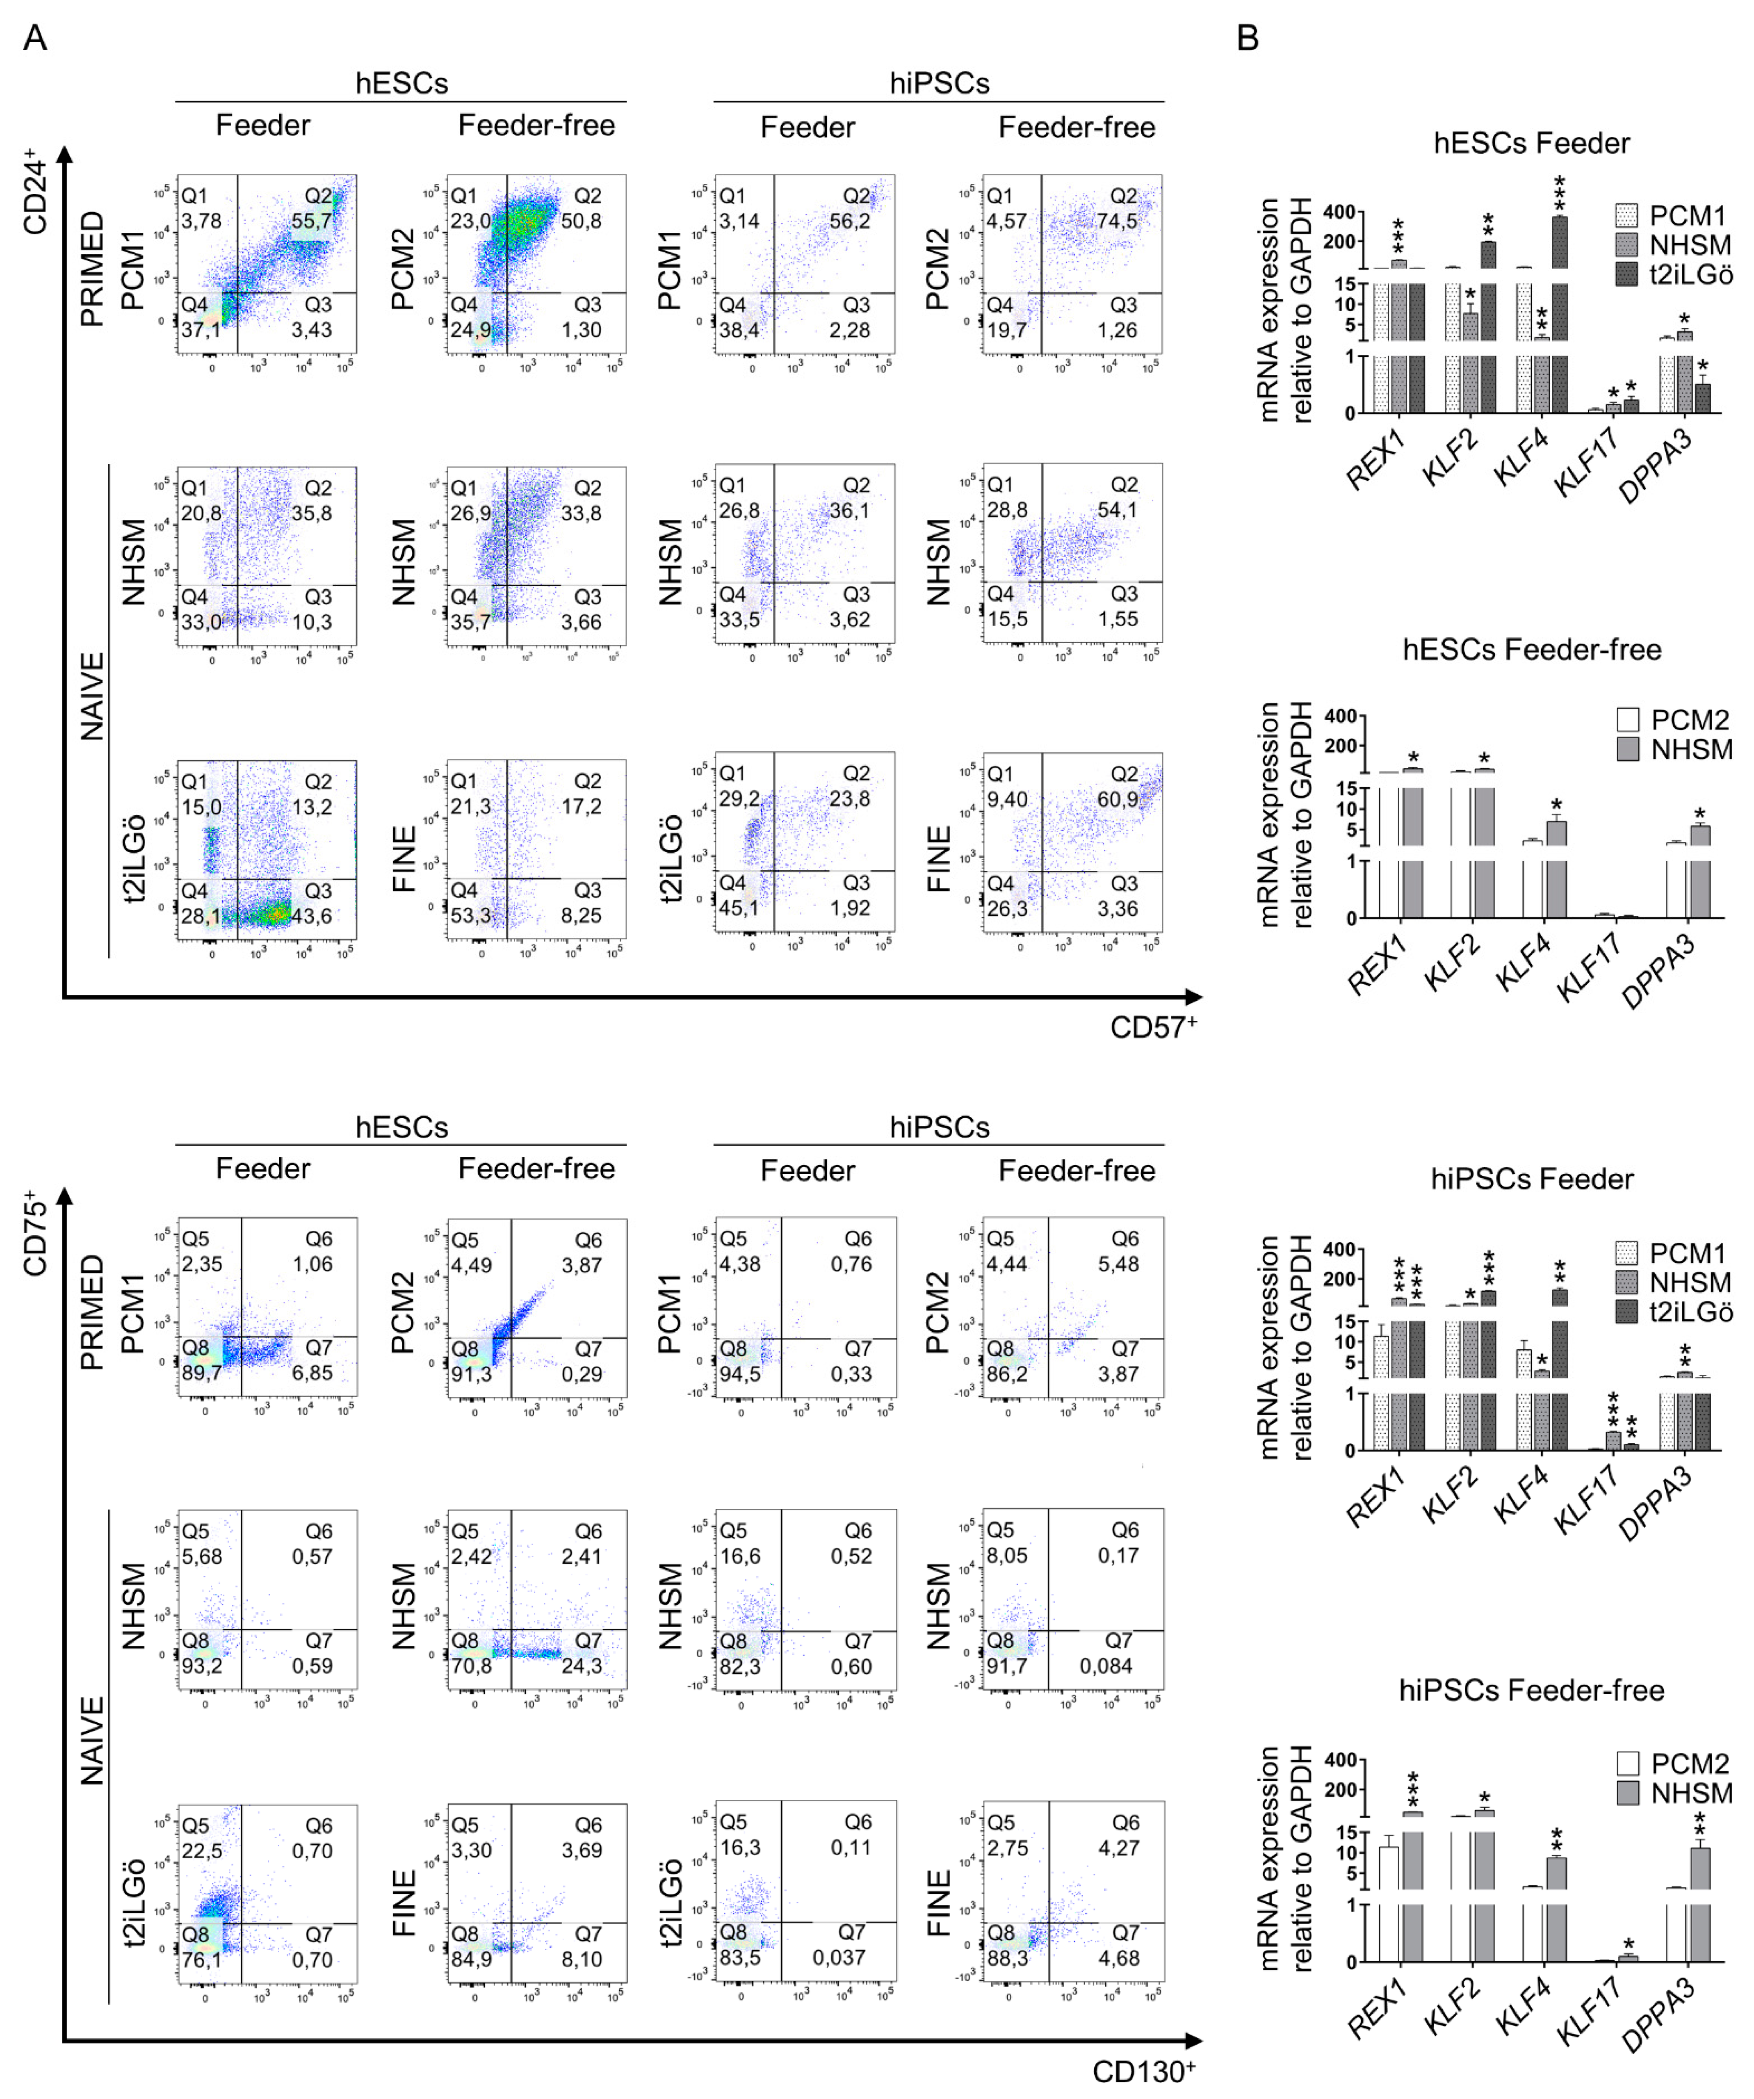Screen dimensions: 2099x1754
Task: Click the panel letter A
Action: (35, 38)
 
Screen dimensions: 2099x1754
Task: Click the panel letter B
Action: (1247, 38)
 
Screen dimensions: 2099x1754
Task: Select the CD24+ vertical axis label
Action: (35, 192)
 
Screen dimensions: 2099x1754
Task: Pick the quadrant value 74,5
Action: (1118, 221)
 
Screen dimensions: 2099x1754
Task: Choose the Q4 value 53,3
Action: (471, 915)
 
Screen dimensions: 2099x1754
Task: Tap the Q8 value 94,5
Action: (739, 1374)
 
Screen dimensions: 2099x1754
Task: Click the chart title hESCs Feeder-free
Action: (1531, 650)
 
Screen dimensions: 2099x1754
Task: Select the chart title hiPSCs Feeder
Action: (1531, 1180)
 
